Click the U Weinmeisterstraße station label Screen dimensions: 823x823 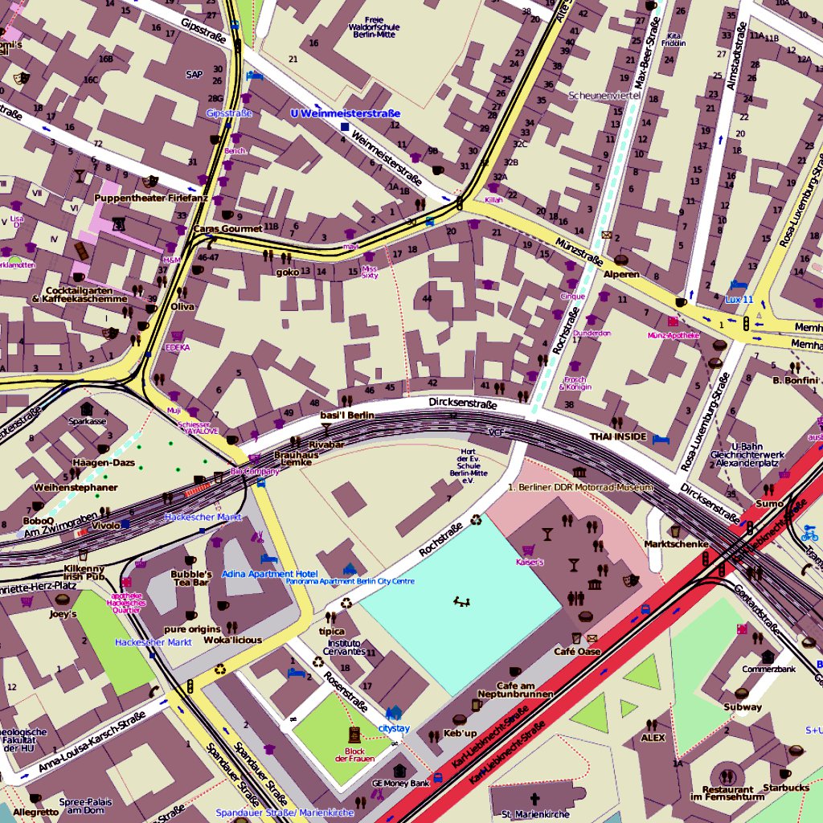point(345,114)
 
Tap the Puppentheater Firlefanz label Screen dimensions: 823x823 point(151,197)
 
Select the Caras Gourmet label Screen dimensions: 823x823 point(227,229)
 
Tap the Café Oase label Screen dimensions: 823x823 point(577,651)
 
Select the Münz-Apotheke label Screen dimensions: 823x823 point(673,334)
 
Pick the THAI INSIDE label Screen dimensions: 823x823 point(618,436)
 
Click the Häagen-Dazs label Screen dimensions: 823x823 point(104,462)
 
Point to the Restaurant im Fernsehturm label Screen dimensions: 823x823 point(727,793)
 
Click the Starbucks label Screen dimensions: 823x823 point(786,788)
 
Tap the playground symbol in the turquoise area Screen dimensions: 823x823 point(461,600)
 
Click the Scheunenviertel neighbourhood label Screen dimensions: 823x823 point(604,96)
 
